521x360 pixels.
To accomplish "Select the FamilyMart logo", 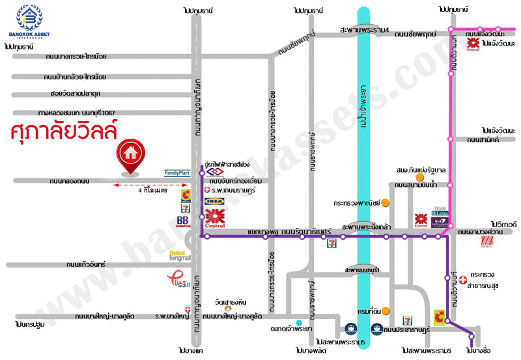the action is [x=177, y=174].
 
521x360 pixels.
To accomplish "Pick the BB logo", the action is [x=184, y=221].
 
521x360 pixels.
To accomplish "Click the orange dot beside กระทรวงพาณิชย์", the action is [x=386, y=203].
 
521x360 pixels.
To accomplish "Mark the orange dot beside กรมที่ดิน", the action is [x=386, y=310].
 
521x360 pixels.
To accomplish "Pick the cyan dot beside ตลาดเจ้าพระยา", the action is [x=298, y=323].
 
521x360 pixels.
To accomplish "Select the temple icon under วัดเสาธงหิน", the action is [x=228, y=309].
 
